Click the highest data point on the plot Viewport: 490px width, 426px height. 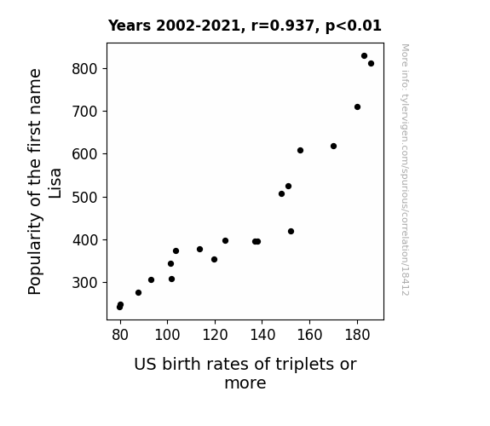[x=364, y=56]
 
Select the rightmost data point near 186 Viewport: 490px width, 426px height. [x=371, y=63]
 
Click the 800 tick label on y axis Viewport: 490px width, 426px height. [x=84, y=69]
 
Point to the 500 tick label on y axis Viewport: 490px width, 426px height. [x=84, y=197]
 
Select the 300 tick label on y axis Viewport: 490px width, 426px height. [x=84, y=283]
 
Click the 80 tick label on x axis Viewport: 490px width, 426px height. [x=120, y=335]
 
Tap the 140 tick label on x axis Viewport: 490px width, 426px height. [x=262, y=335]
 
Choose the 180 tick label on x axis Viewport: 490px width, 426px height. [x=357, y=335]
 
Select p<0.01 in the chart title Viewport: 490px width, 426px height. [x=354, y=26]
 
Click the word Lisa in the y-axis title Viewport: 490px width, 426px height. [x=55, y=183]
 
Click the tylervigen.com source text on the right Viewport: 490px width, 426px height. [x=405, y=170]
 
